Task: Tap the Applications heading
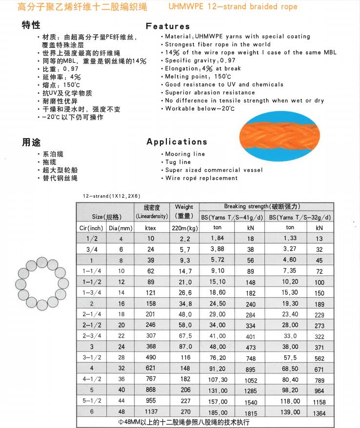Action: click(x=177, y=142)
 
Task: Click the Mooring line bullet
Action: click(x=185, y=154)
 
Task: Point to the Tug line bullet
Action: click(x=178, y=162)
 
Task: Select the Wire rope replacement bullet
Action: click(x=201, y=178)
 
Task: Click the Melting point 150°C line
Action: click(x=198, y=77)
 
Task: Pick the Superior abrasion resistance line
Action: click(x=210, y=92)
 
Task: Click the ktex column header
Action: click(x=151, y=228)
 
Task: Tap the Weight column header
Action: click(x=184, y=211)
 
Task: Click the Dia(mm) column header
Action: click(x=120, y=228)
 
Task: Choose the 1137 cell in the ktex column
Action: click(x=151, y=411)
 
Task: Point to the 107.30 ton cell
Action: click(x=218, y=379)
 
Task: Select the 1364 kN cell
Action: click(x=319, y=413)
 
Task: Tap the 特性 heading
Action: click(x=31, y=25)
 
